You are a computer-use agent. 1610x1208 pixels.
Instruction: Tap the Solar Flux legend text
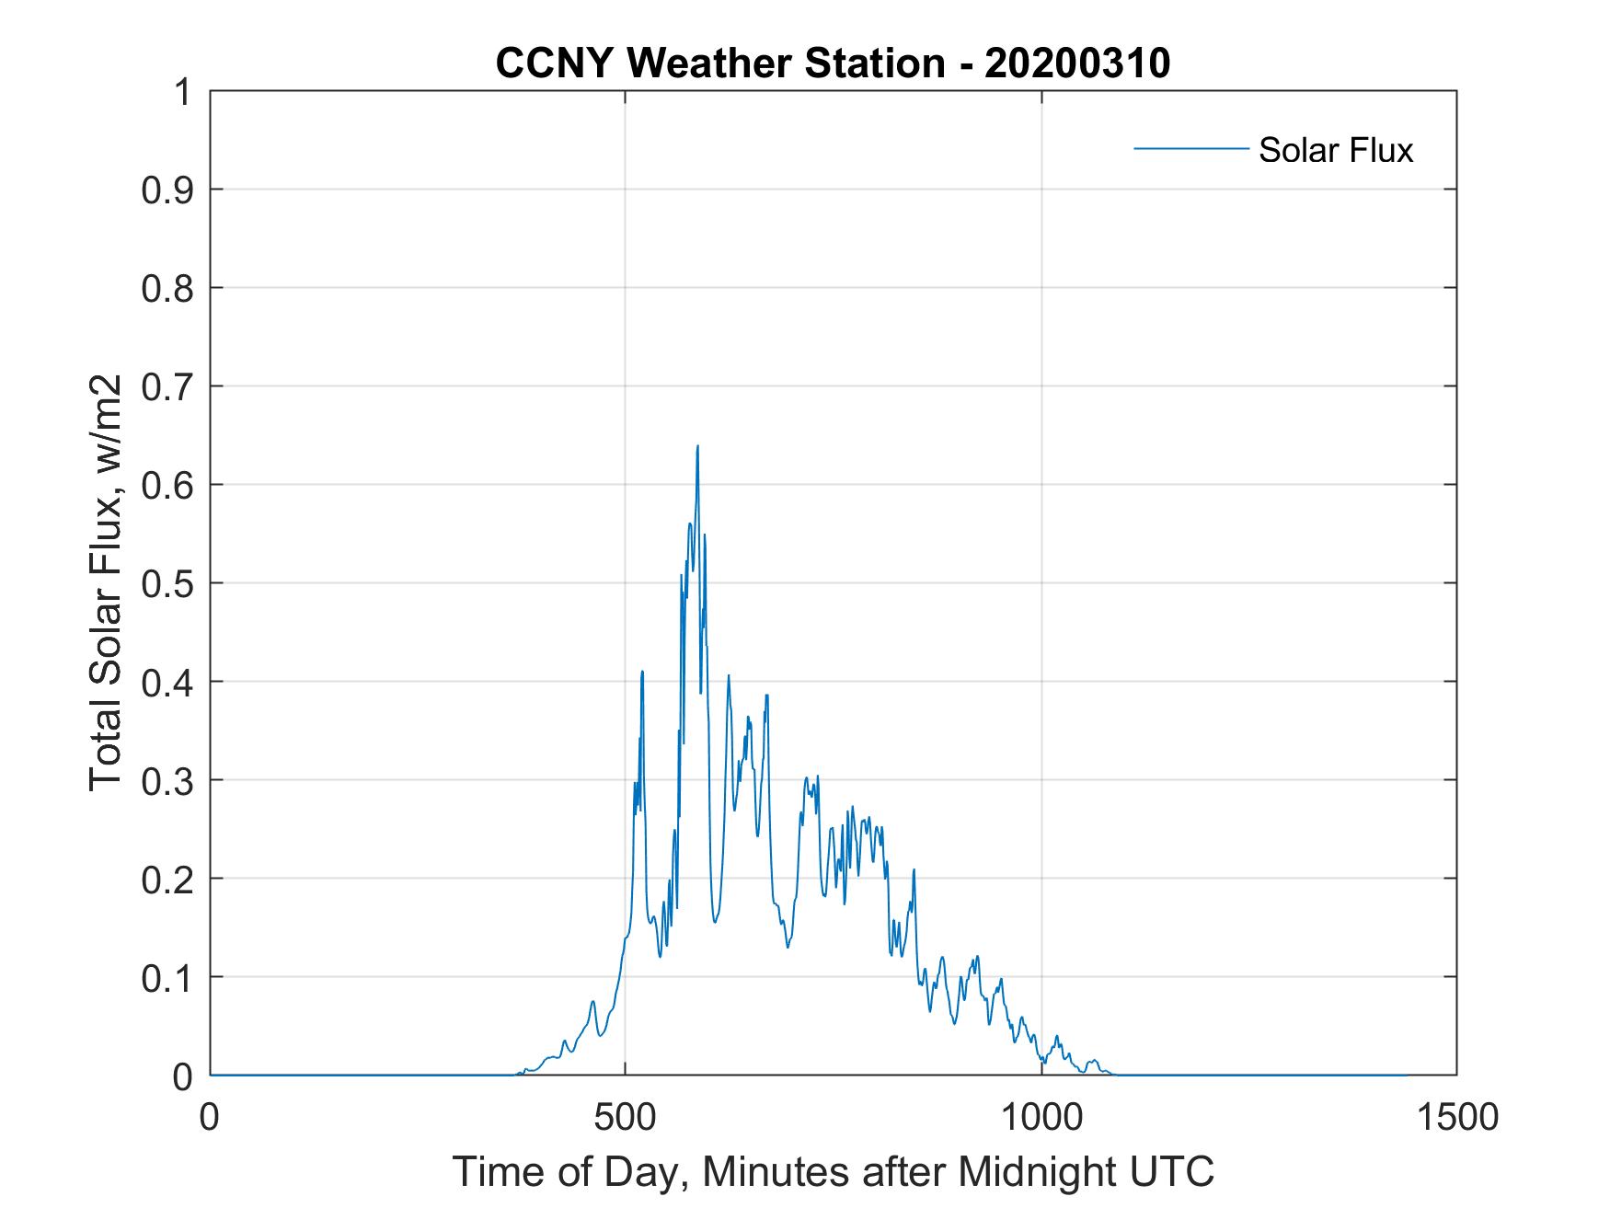1335,150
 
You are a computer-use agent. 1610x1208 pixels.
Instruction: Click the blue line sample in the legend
1190,148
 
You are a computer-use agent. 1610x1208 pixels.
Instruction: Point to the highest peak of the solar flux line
697,447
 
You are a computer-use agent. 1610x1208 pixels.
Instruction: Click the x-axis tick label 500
625,1117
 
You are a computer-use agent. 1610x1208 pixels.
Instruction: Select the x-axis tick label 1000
1041,1117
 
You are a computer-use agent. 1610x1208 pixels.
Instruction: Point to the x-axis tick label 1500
1456,1117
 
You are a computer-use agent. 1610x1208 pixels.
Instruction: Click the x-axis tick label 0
211,1117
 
